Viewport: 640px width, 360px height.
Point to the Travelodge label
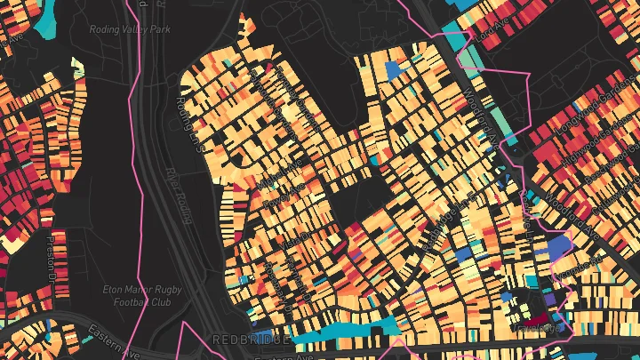(539, 328)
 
